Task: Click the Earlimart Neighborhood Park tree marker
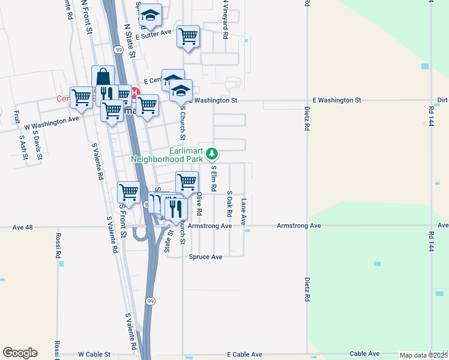(x=211, y=154)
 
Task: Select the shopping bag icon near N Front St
(x=103, y=76)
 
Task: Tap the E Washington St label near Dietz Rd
(x=337, y=100)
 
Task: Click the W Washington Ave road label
(x=52, y=123)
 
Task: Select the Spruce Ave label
(x=205, y=256)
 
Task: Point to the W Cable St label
(x=94, y=355)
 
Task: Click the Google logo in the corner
(x=20, y=353)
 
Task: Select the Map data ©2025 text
(x=424, y=355)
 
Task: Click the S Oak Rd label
(x=229, y=204)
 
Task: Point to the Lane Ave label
(x=244, y=211)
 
